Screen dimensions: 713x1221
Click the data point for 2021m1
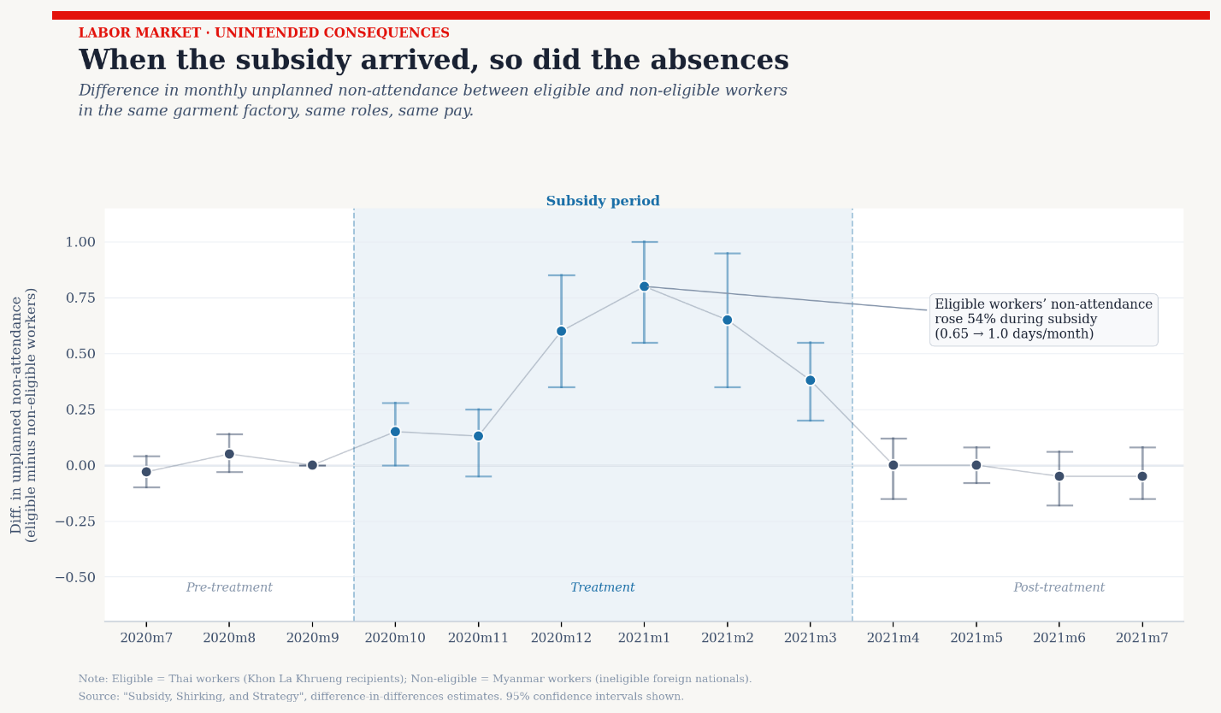644,286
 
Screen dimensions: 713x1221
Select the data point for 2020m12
561,331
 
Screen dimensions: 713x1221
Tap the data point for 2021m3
810,380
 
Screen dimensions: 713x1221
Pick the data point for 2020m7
146,472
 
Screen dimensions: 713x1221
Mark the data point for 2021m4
893,465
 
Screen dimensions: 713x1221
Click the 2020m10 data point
395,432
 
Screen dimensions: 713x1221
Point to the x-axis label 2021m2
727,638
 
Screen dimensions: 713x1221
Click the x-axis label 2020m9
312,638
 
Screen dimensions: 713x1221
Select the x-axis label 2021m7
1141,638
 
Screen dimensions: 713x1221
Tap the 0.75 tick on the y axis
80,298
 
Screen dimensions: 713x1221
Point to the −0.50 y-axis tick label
75,577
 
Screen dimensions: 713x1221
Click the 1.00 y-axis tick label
80,242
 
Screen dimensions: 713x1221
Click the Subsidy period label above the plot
603,202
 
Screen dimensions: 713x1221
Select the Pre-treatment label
229,588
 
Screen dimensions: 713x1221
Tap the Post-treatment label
1059,588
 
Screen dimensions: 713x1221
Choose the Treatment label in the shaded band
603,588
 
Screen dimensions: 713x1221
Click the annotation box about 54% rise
1043,320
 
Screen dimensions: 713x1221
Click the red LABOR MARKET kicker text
263,33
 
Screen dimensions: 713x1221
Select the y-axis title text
24,415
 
